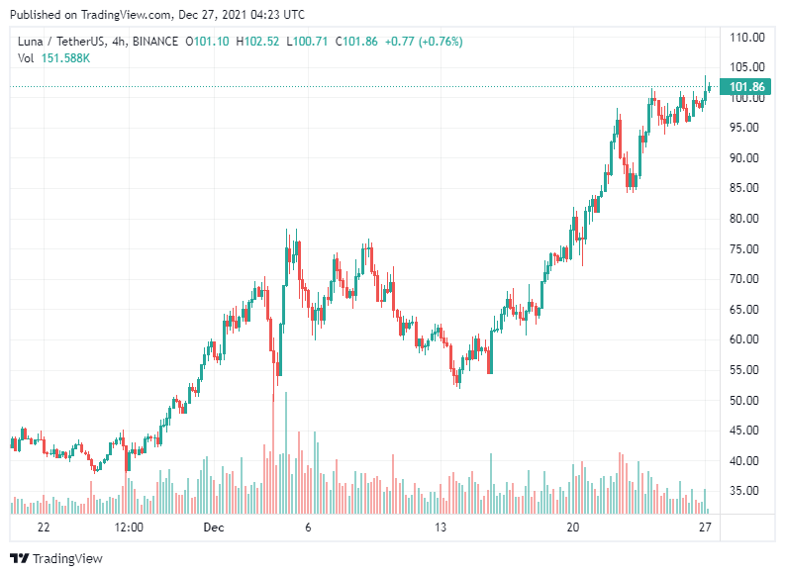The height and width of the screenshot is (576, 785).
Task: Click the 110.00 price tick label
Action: point(746,38)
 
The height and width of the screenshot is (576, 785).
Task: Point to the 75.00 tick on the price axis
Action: point(746,248)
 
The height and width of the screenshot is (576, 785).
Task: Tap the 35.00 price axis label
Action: point(746,491)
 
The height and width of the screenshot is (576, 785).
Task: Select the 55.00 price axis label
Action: point(746,369)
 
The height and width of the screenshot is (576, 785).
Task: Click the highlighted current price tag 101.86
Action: point(747,87)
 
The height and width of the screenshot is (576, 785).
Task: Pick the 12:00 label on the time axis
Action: point(129,528)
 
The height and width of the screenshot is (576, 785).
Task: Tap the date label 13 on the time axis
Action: point(441,528)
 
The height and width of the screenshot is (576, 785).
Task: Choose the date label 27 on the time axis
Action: point(705,528)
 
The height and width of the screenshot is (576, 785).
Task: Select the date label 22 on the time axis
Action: point(43,528)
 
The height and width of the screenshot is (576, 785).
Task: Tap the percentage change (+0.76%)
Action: point(437,42)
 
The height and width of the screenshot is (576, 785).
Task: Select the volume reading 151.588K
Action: point(66,58)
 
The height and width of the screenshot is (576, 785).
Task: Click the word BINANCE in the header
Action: point(153,42)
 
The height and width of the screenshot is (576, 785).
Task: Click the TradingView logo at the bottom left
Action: point(56,558)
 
